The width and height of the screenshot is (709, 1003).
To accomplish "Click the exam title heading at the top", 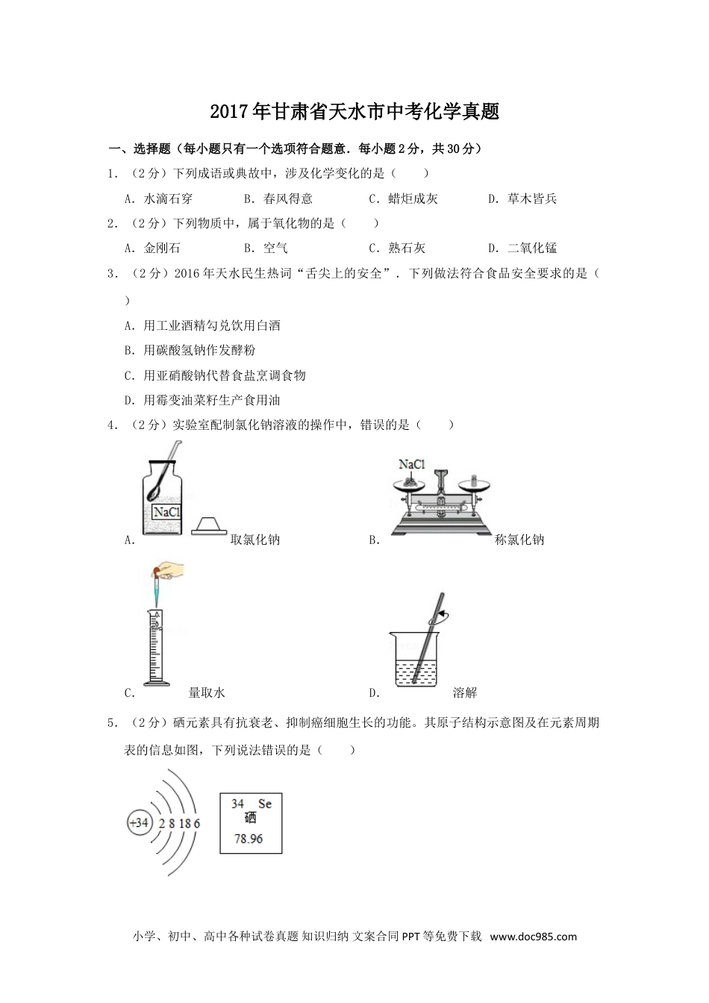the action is [354, 111].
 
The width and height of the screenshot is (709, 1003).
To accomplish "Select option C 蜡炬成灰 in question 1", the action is [403, 199].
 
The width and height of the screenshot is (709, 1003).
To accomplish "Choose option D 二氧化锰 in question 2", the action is [522, 248].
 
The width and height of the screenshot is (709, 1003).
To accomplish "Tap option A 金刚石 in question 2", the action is [152, 248].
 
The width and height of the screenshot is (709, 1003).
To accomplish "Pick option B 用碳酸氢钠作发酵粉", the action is [190, 350].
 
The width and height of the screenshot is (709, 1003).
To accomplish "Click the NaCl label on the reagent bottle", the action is [166, 512].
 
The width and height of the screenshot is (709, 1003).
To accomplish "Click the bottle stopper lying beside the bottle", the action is [209, 526].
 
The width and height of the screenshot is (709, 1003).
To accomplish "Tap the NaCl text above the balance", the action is [412, 464].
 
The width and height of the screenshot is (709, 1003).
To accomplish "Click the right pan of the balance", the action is [475, 484].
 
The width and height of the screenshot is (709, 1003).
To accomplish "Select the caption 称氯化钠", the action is [519, 540].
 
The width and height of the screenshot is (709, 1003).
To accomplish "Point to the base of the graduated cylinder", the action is [157, 683].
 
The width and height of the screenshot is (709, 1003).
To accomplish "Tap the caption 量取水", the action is [207, 693].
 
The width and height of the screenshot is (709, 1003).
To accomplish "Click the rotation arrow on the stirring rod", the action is [439, 617].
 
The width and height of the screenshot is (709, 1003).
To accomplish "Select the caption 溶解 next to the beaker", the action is [464, 693].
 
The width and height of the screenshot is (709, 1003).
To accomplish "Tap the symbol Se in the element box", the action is [265, 804].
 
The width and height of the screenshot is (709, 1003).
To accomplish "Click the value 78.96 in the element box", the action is [249, 838].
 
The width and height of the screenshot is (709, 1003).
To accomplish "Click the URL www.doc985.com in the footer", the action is [534, 937].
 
